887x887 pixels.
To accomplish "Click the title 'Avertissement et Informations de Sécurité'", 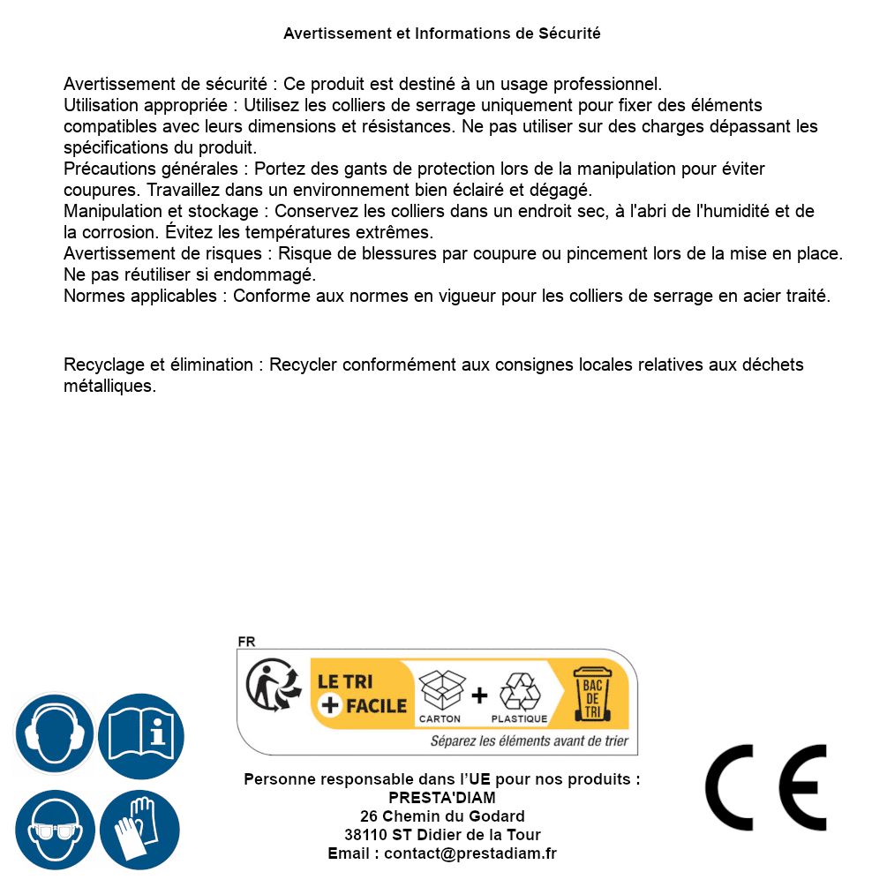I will (x=442, y=34).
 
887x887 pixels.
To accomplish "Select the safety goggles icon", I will (x=54, y=830).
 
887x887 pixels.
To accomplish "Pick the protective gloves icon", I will (x=140, y=830).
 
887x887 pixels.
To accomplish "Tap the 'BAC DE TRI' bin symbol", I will (x=590, y=695).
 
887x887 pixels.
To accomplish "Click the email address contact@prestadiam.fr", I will (x=470, y=853).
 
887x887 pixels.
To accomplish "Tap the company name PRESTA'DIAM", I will (x=442, y=798).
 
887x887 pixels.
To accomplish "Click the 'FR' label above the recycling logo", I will (x=246, y=643).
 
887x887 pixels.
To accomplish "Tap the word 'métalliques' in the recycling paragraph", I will (x=109, y=386).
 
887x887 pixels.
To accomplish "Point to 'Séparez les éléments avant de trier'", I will (x=529, y=741).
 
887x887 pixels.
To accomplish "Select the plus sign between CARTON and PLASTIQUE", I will (x=479, y=695).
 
